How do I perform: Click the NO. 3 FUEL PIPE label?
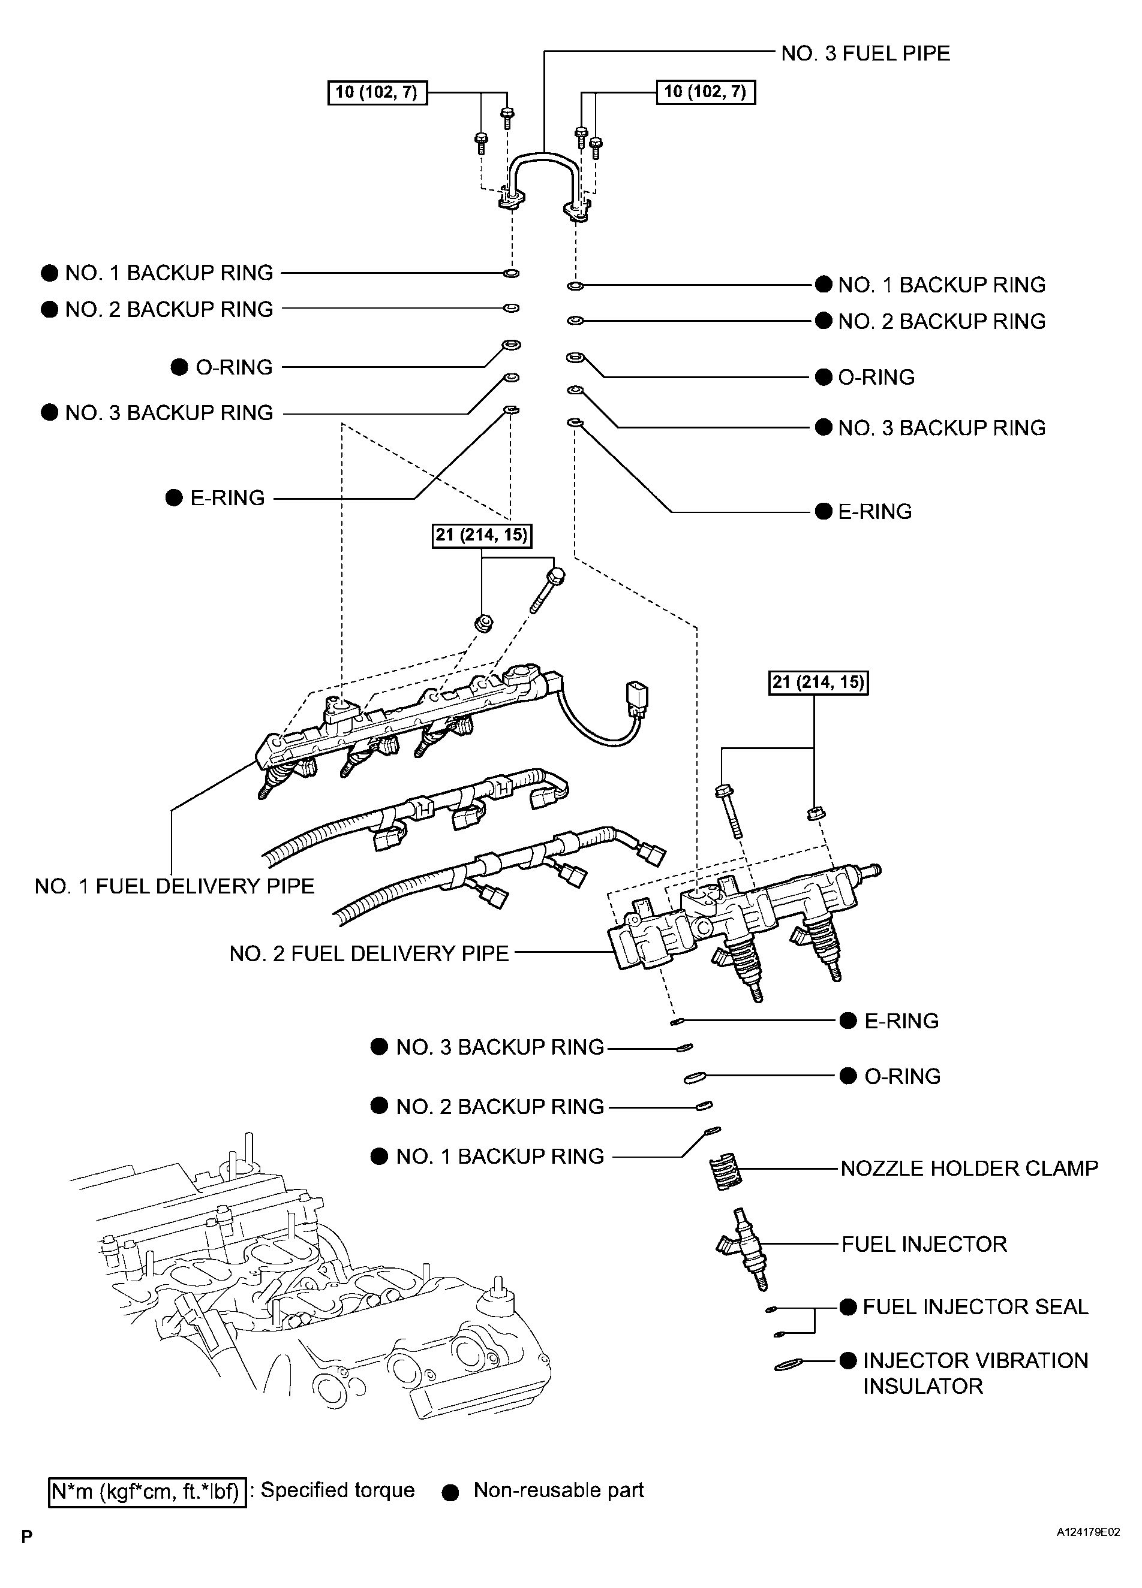[865, 54]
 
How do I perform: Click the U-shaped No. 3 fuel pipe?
[543, 155]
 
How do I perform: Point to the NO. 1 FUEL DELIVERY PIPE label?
[175, 886]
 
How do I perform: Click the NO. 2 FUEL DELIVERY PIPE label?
[369, 953]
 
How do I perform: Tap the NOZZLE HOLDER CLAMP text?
[969, 1168]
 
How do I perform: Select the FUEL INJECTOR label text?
[924, 1244]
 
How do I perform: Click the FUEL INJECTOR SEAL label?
[975, 1307]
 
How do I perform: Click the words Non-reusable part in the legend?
[558, 1490]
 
